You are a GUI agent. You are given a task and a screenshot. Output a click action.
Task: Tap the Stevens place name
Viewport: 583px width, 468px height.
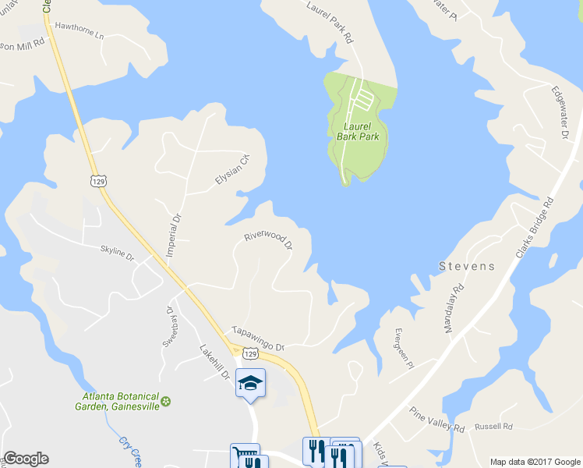pos(466,266)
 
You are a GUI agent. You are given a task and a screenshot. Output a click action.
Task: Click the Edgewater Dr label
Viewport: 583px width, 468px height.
pos(560,112)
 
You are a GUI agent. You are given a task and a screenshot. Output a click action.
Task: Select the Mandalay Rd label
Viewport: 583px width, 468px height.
pos(454,308)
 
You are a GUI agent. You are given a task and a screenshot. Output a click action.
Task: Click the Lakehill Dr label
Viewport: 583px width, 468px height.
pos(215,363)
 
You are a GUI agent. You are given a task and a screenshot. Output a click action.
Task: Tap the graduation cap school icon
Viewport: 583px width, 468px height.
pos(251,383)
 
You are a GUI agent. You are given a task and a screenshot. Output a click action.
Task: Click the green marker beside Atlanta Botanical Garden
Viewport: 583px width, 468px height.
pos(165,401)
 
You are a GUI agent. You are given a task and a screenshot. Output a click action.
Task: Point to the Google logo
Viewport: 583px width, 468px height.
pos(26,459)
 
